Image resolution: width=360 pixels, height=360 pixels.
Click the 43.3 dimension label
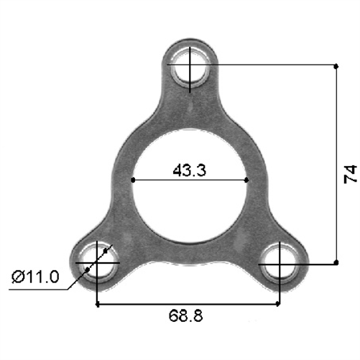tap(190, 170)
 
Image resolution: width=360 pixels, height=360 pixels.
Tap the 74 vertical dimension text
tap(350, 173)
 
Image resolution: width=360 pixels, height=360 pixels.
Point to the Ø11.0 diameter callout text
tap(35, 277)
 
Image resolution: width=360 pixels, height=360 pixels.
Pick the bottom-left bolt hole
tap(96, 263)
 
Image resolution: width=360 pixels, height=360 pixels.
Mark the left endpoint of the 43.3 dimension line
tap(133, 180)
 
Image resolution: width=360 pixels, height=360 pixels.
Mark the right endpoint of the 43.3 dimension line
tap(247, 180)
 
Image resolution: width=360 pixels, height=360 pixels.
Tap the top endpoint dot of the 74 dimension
tap(336, 65)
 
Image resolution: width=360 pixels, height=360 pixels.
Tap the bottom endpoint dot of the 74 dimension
tap(336, 263)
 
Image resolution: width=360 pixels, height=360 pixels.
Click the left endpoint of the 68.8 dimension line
tap(97, 305)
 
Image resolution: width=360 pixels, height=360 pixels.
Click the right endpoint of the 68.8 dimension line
tap(278, 305)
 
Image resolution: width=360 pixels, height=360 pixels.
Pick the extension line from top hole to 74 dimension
tap(273, 65)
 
